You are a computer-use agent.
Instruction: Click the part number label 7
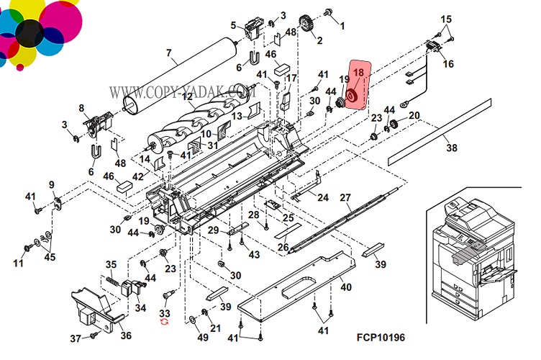(169, 53)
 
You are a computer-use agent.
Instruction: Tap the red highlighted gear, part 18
(353, 95)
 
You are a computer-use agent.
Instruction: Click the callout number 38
(450, 149)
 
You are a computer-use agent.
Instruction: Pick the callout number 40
(345, 287)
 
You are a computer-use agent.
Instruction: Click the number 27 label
(345, 198)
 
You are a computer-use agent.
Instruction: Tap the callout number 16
(448, 64)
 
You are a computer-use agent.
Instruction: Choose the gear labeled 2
(307, 25)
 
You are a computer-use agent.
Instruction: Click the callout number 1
(342, 26)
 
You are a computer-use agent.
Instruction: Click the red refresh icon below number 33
(164, 325)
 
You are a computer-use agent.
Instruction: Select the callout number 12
(187, 96)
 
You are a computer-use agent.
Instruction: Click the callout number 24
(323, 197)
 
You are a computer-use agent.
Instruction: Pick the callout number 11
(18, 263)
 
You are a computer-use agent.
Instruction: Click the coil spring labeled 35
(112, 279)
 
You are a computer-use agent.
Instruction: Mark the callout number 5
(233, 26)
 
